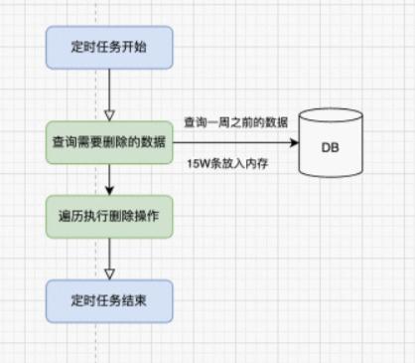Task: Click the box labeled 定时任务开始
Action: (109, 47)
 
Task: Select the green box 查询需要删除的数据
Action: (109, 144)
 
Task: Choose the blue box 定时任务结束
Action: (109, 298)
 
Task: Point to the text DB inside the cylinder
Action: (331, 147)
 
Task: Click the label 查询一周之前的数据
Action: (236, 121)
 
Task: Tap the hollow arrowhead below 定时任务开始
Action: (109, 112)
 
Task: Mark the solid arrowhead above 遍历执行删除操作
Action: (109, 188)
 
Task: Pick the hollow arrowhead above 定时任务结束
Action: (109, 270)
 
